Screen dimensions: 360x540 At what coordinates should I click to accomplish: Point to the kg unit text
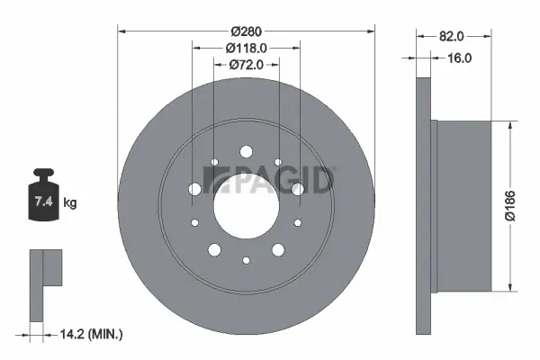[70, 203]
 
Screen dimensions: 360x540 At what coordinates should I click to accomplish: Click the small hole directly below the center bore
[247, 261]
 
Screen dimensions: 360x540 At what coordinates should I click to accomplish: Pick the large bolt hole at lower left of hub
[214, 248]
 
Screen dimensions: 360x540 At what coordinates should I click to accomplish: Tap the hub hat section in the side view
[463, 204]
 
